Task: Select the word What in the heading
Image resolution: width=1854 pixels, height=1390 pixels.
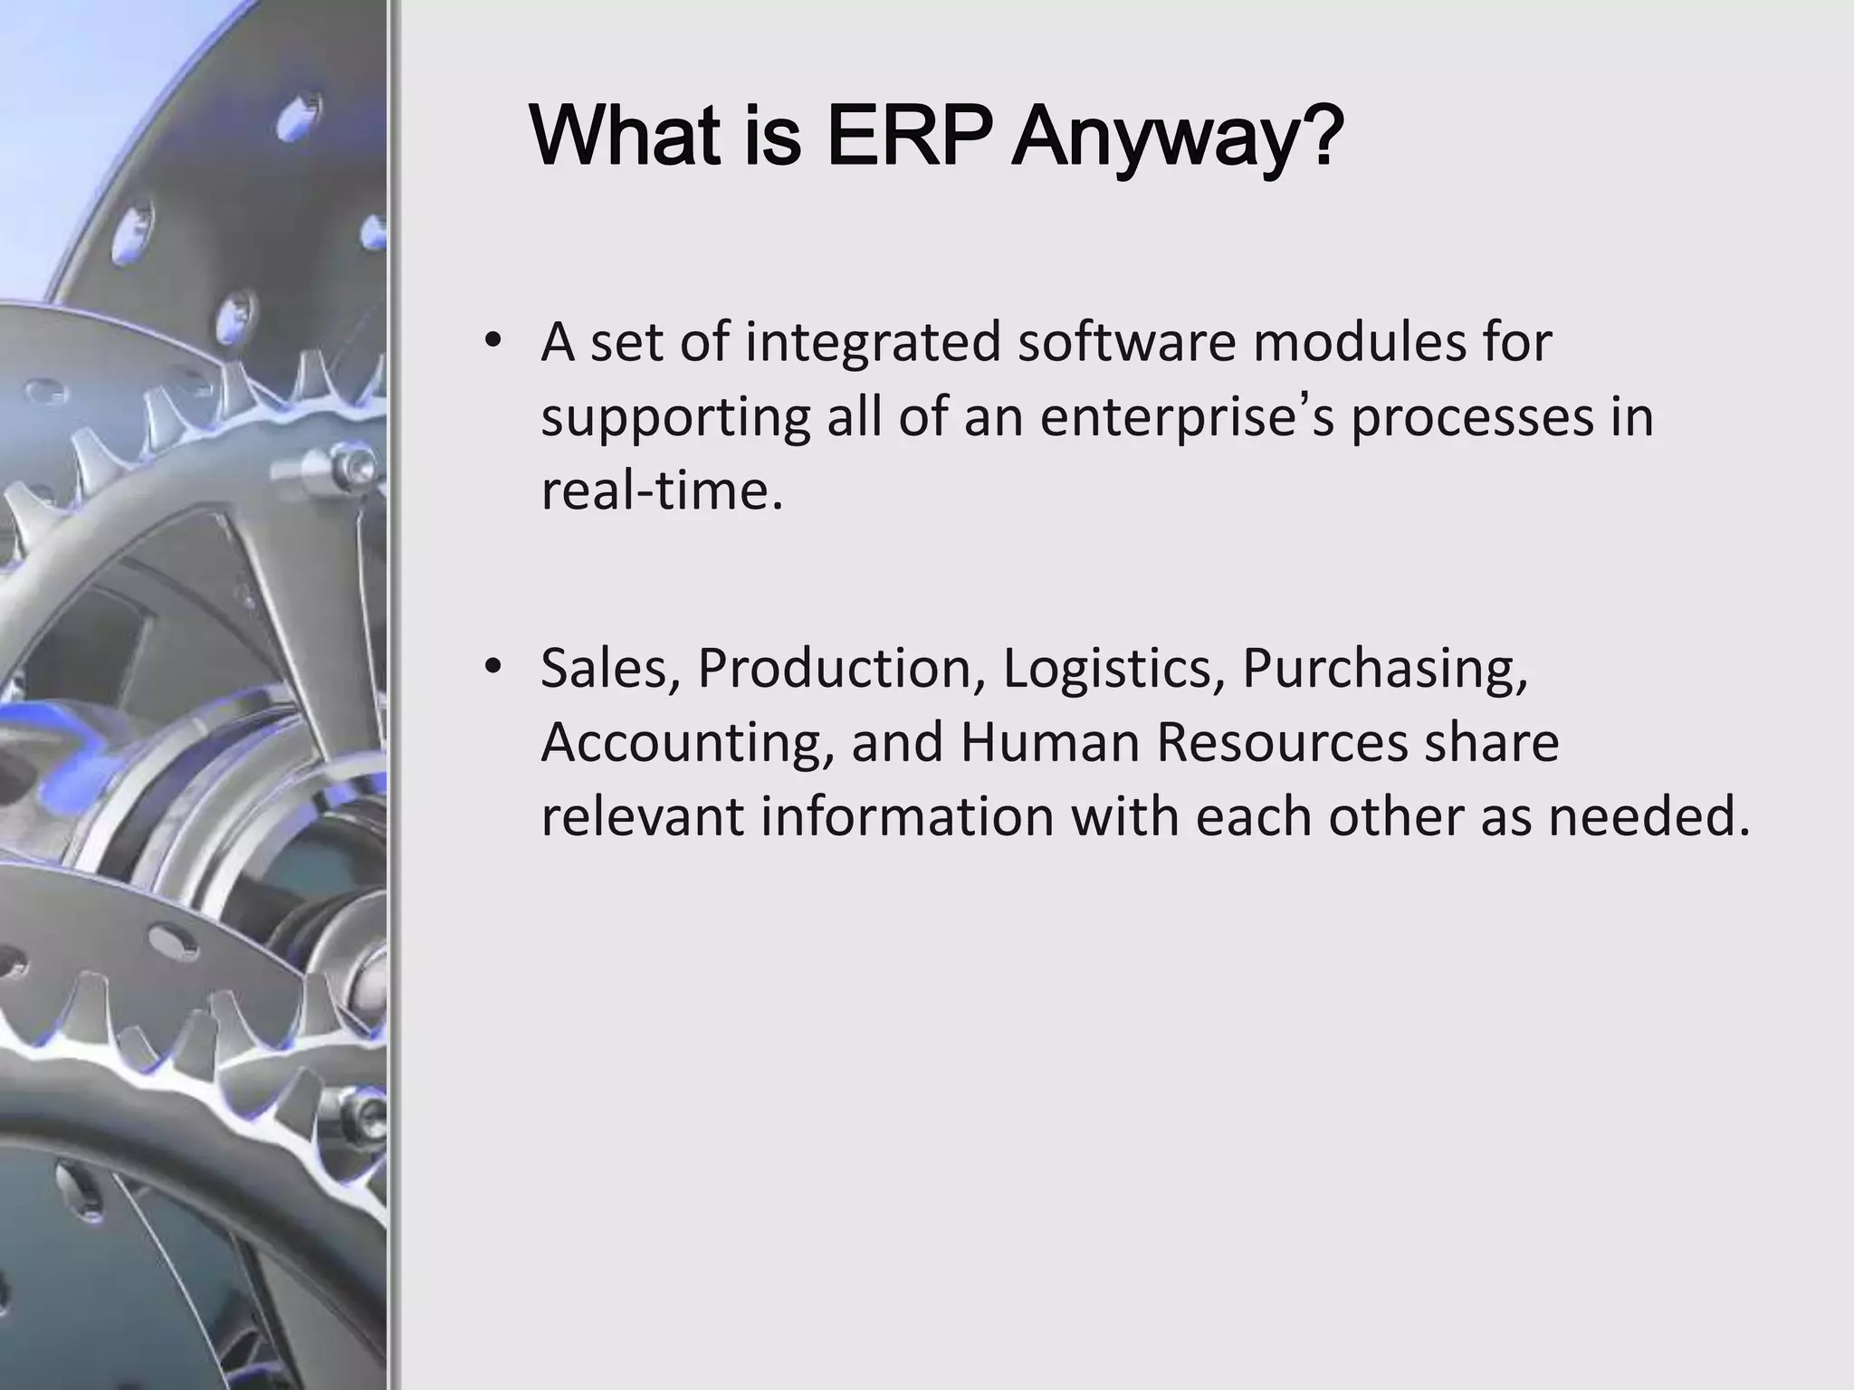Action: pyautogui.click(x=627, y=138)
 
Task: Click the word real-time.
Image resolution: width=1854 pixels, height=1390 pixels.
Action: pyautogui.click(x=661, y=491)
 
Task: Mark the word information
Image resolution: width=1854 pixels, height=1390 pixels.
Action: pyautogui.click(x=907, y=816)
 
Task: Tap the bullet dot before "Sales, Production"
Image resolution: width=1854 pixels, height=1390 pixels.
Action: pyautogui.click(x=492, y=667)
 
